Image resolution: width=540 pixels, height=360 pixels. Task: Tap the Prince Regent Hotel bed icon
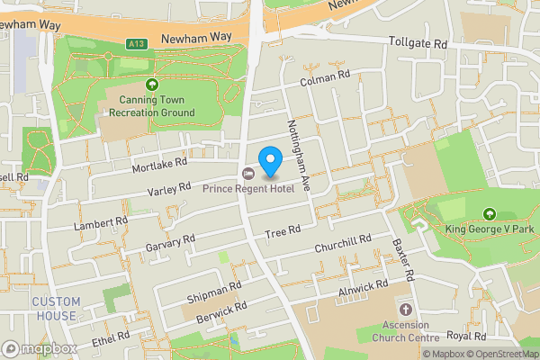click(248, 173)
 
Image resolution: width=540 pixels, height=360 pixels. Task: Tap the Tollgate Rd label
click(418, 42)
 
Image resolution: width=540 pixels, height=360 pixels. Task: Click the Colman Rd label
click(324, 80)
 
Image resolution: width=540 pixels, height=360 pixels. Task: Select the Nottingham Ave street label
click(298, 153)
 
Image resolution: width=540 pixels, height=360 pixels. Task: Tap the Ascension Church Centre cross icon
click(404, 309)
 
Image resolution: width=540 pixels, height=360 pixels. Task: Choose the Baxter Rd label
click(402, 258)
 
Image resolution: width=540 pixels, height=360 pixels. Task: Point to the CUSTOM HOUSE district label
click(56, 309)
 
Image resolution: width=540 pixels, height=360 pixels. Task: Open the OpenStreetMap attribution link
click(499, 354)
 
